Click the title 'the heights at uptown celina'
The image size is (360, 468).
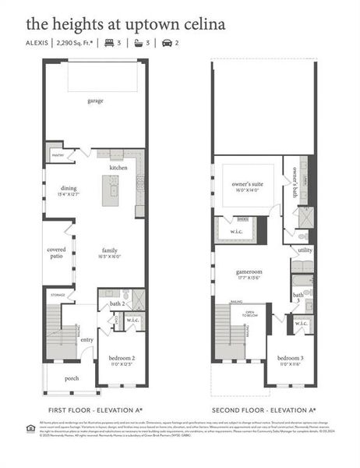click(114, 24)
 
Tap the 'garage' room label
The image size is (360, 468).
click(96, 101)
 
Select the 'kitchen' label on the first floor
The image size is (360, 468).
click(118, 168)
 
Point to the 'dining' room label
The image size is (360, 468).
click(68, 188)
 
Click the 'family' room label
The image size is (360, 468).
click(109, 251)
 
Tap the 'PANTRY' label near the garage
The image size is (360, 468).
click(58, 155)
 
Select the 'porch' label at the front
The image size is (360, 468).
click(72, 378)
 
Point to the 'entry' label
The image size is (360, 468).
click(86, 339)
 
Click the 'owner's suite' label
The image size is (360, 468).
click(247, 185)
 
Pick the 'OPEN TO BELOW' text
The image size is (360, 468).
click(251, 315)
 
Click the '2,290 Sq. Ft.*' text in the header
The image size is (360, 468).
click(76, 43)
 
